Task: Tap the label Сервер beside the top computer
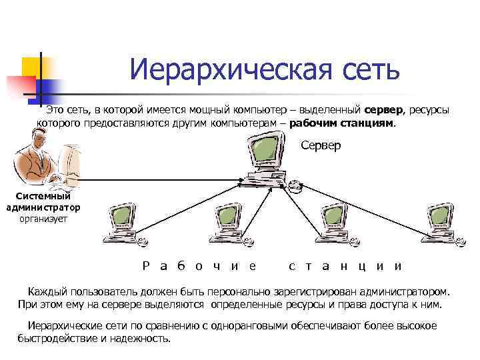pyautogui.click(x=321, y=145)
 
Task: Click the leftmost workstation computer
pyautogui.click(x=120, y=223)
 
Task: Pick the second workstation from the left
pyautogui.click(x=223, y=223)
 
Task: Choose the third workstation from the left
pyautogui.click(x=331, y=223)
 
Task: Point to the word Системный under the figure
pyautogui.click(x=43, y=196)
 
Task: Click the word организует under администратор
pyautogui.click(x=43, y=217)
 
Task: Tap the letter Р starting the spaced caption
pyautogui.click(x=146, y=265)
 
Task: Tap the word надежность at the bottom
pyautogui.click(x=145, y=337)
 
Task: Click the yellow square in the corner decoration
pyautogui.click(x=31, y=67)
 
